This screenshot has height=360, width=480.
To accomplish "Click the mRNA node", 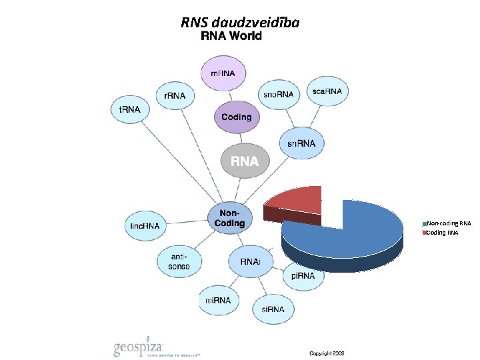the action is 223,72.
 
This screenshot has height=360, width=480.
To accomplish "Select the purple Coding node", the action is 236,117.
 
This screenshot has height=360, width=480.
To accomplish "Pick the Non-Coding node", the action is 229,218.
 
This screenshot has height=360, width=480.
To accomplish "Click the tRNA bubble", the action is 129,109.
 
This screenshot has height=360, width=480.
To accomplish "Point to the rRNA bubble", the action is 175,96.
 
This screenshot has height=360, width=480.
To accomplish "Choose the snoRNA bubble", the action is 278,95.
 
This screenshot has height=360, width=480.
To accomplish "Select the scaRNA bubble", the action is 327,91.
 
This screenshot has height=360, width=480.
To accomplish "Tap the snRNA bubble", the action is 301,143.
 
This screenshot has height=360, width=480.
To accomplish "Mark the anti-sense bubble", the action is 179,261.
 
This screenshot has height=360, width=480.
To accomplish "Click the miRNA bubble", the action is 218,301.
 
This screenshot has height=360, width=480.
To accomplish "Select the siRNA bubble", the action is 273,309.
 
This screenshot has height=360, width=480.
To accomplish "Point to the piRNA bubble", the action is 303,276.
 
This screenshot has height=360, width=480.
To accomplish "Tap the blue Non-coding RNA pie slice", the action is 353,230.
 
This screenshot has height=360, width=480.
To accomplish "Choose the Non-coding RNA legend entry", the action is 448,223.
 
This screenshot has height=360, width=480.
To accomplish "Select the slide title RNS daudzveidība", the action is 240,23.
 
